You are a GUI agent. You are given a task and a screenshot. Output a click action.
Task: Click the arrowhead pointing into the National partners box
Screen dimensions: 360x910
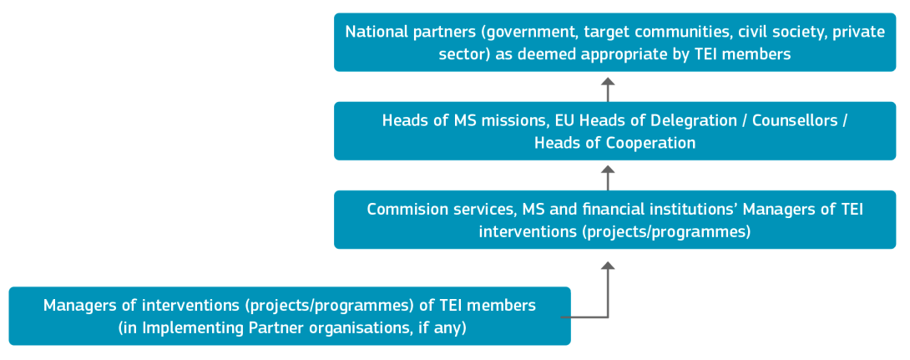[608, 82]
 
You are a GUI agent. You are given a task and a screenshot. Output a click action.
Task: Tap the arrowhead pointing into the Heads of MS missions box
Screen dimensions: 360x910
[608, 170]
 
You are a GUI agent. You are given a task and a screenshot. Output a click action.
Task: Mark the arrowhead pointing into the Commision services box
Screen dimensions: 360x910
[608, 266]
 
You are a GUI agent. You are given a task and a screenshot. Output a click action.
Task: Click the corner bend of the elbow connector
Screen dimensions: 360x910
[608, 317]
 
